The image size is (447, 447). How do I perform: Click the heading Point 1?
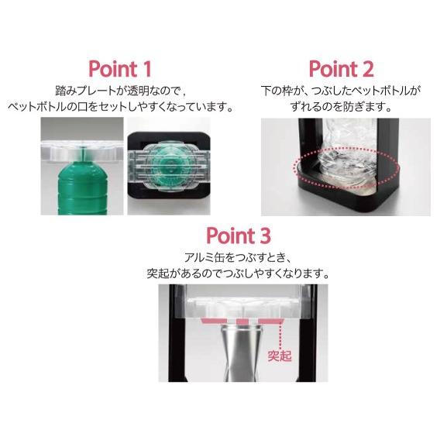coord(120,69)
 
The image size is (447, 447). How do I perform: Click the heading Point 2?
coord(341,69)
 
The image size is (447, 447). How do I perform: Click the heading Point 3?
coord(239,236)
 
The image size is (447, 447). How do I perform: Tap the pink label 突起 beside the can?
coord(280,356)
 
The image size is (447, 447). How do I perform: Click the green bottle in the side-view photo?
coord(83,188)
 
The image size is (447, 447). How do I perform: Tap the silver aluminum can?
coord(242,353)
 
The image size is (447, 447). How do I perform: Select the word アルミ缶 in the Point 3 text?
coord(205,258)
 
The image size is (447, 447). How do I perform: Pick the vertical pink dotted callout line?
coord(280,335)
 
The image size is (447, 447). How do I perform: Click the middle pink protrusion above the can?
coord(242,321)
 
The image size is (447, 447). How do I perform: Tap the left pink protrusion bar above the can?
coord(214,321)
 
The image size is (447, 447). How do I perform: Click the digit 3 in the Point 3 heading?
coord(265,236)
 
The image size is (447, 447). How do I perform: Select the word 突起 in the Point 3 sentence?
coord(159,273)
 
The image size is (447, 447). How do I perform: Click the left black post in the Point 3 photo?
coord(174,333)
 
